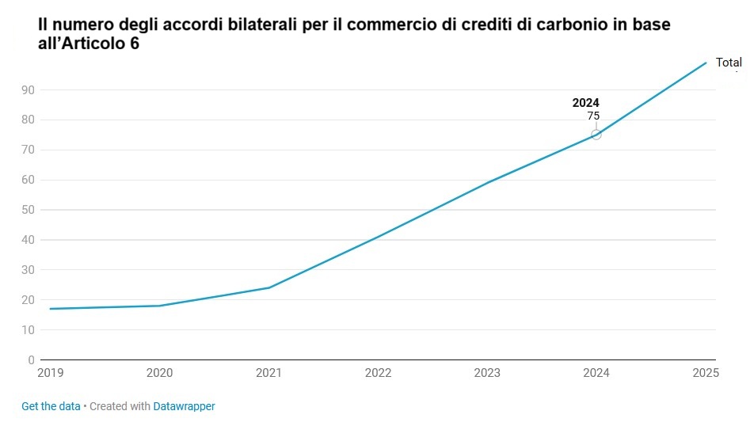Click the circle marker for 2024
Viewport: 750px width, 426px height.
click(596, 135)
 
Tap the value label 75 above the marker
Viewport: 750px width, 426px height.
click(593, 116)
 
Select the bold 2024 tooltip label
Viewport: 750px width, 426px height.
click(586, 103)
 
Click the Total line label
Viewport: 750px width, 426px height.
click(729, 63)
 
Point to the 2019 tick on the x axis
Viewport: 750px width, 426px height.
click(50, 372)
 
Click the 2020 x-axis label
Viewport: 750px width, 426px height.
click(160, 372)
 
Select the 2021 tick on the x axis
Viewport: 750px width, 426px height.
click(269, 372)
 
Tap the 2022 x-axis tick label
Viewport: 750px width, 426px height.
click(379, 372)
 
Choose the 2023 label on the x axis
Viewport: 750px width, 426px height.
click(488, 372)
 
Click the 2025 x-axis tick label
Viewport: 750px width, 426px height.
click(705, 372)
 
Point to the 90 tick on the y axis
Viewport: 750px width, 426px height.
click(28, 90)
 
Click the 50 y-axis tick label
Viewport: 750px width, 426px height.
click(28, 210)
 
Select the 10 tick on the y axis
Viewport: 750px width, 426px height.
click(28, 330)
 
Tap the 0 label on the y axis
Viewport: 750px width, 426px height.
click(31, 360)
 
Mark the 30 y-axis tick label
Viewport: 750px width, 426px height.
click(28, 270)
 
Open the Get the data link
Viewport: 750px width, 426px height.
click(51, 406)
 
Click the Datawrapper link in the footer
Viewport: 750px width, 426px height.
click(184, 406)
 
